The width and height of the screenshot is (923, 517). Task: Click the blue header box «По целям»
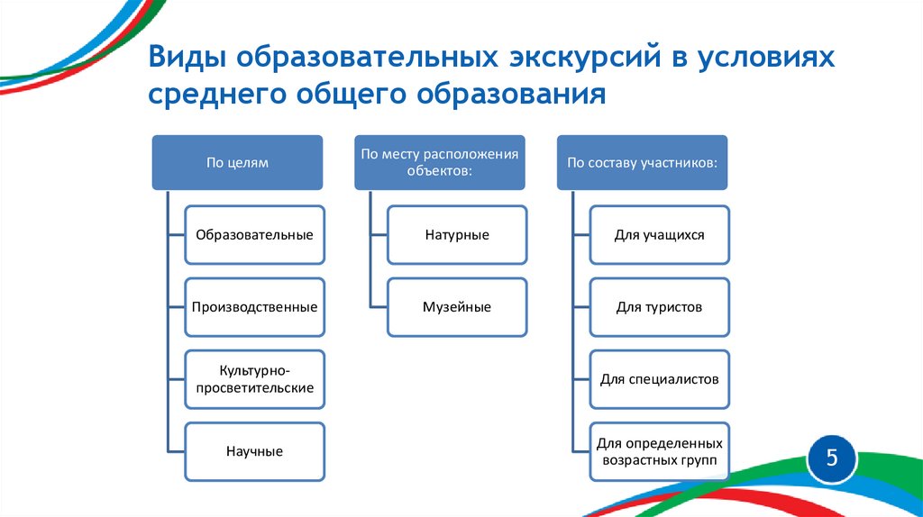coord(237,163)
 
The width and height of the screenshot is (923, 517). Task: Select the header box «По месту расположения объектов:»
coord(439,163)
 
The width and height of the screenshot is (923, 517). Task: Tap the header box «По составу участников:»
coord(642,163)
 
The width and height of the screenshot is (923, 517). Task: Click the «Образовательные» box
coord(254,235)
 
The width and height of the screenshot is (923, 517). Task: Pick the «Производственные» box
coord(254,307)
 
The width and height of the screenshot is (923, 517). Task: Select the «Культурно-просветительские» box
coord(254,379)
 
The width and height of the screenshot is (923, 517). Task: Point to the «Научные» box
coord(254,451)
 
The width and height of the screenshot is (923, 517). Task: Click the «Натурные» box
coord(457,235)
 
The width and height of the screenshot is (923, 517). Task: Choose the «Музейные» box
coord(457,307)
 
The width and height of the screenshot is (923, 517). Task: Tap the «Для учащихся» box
coord(660,235)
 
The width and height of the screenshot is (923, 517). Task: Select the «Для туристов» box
coord(660,307)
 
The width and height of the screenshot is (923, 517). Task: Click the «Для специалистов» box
coord(660,379)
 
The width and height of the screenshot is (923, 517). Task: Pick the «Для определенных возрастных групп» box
coord(660,451)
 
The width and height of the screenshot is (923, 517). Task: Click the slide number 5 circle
coord(832,458)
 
